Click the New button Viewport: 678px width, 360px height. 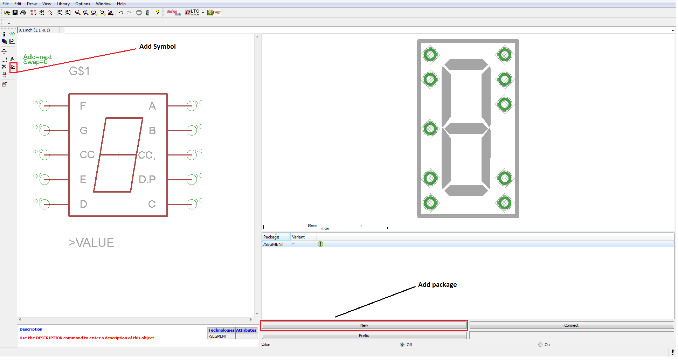tap(364, 325)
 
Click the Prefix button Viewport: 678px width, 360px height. tap(364, 335)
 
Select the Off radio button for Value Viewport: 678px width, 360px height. tap(402, 345)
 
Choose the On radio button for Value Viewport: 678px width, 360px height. tap(540, 345)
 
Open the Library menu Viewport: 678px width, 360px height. tap(63, 4)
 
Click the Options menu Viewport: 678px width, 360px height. tap(83, 4)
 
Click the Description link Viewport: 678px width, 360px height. tap(31, 329)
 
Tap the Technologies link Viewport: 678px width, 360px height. tap(221, 330)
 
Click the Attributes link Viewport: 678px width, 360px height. tap(246, 330)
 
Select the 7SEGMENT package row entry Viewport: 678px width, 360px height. tap(274, 244)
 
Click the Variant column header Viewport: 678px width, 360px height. tap(298, 237)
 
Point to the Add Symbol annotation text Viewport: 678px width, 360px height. tap(158, 47)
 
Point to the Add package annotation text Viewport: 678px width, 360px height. tap(437, 285)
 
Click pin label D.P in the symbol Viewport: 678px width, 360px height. tap(147, 180)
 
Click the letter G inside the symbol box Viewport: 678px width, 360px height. tap(84, 131)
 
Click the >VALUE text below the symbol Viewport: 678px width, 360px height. tap(91, 243)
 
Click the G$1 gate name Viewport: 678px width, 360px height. tap(79, 71)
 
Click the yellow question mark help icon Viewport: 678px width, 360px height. tap(158, 13)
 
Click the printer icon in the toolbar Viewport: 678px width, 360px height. tap(23, 13)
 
